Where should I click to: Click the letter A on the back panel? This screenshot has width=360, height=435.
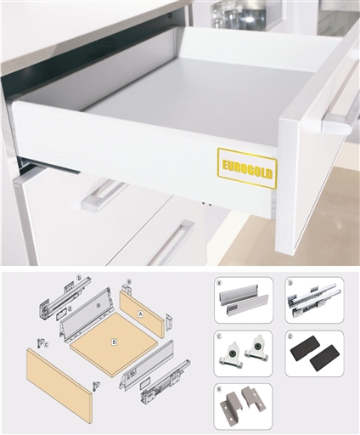139,313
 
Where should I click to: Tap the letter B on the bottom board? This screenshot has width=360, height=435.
114,343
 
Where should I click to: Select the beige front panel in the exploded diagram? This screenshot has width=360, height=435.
59,384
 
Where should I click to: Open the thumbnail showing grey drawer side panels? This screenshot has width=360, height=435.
243,299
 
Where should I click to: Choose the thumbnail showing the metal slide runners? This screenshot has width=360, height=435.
314,299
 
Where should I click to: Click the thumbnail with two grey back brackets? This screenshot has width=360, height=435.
243,405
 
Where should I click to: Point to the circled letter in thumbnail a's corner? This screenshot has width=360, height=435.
219,283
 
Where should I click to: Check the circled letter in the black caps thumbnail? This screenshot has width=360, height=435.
290,336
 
